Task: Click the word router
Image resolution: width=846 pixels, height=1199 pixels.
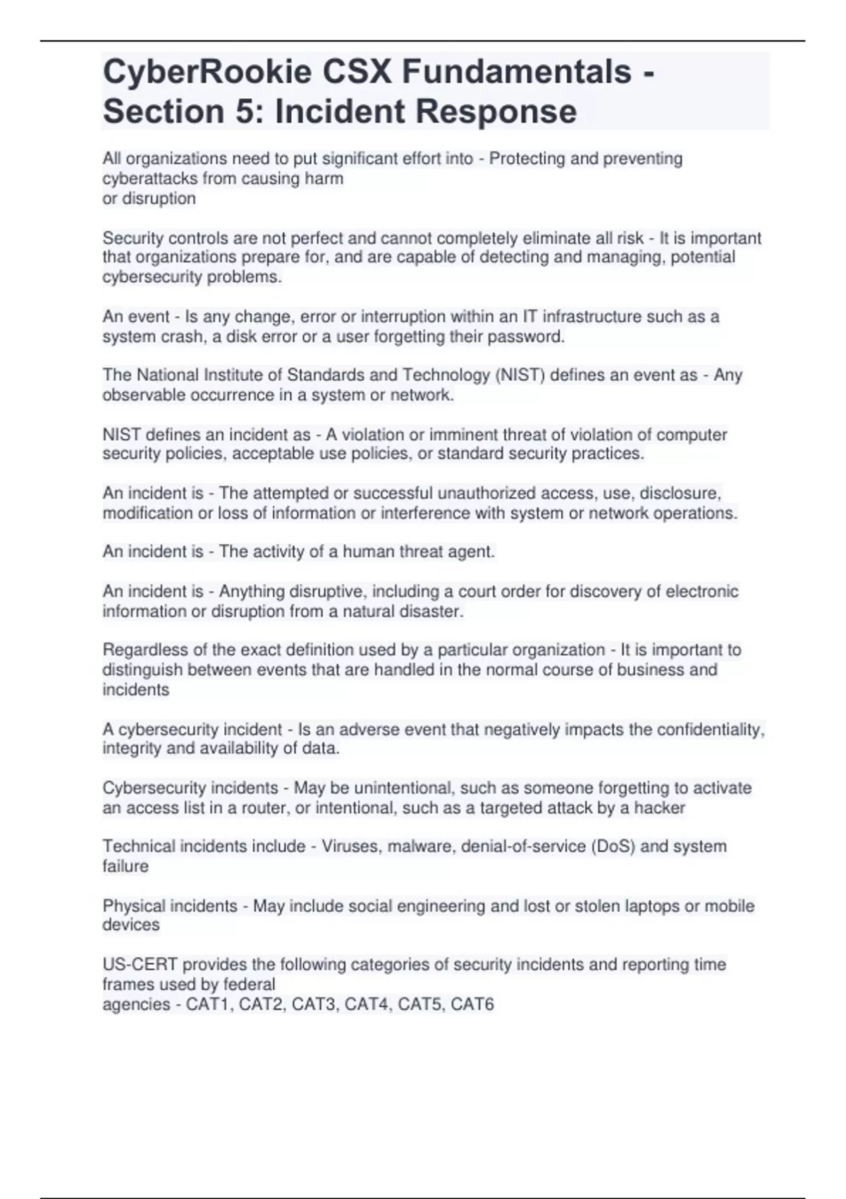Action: [x=264, y=808]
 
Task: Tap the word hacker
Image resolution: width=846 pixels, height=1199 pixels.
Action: [x=660, y=808]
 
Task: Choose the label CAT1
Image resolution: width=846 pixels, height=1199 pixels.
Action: [x=208, y=1004]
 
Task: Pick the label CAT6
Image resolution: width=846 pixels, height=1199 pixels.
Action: [x=472, y=1004]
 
